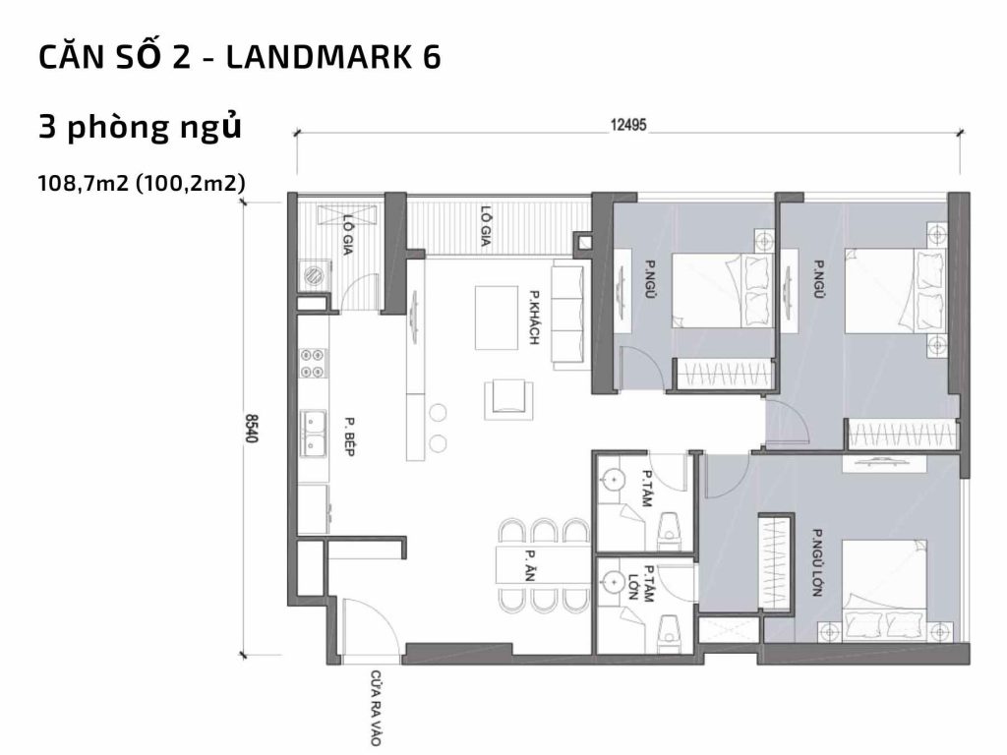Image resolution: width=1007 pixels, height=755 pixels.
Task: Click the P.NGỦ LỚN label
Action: pyautogui.click(x=815, y=557)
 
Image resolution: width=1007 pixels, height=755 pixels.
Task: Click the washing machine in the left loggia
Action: pyautogui.click(x=315, y=274)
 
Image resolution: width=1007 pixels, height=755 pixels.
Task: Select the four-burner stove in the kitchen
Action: pyautogui.click(x=314, y=363)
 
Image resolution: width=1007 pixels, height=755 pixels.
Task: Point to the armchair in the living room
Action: pyautogui.click(x=508, y=398)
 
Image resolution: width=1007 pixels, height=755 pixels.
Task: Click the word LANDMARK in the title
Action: pyautogui.click(x=308, y=58)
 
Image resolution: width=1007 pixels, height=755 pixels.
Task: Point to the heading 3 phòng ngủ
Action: pyautogui.click(x=139, y=128)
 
